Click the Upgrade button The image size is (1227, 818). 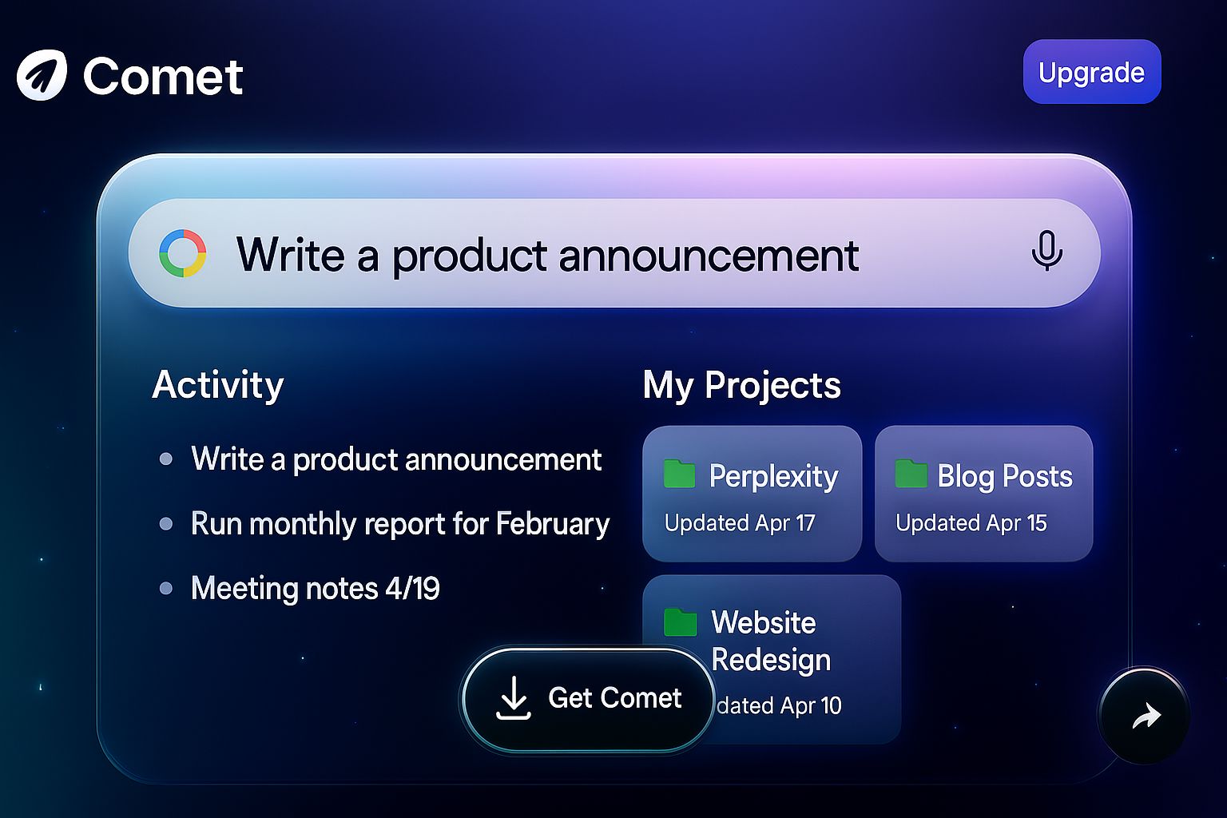click(1092, 72)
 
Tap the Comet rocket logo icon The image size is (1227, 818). click(42, 75)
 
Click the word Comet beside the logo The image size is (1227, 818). click(163, 77)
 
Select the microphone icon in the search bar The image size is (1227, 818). click(1046, 251)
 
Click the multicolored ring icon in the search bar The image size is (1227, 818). click(182, 253)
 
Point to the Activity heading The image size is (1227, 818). click(218, 386)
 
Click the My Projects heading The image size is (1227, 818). click(741, 386)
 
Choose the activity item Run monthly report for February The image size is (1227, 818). click(400, 524)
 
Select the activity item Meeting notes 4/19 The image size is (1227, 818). click(315, 589)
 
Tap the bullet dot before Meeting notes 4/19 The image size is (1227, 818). click(166, 589)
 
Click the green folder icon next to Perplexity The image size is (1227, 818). click(679, 474)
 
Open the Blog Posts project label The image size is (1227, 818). click(1005, 475)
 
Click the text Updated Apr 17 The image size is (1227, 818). click(740, 522)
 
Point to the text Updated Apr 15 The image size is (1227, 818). click(971, 522)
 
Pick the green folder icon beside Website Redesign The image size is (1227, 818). click(681, 622)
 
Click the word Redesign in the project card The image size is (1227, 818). click(771, 659)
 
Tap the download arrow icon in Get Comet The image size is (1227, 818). click(514, 697)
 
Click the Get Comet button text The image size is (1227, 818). click(614, 698)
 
